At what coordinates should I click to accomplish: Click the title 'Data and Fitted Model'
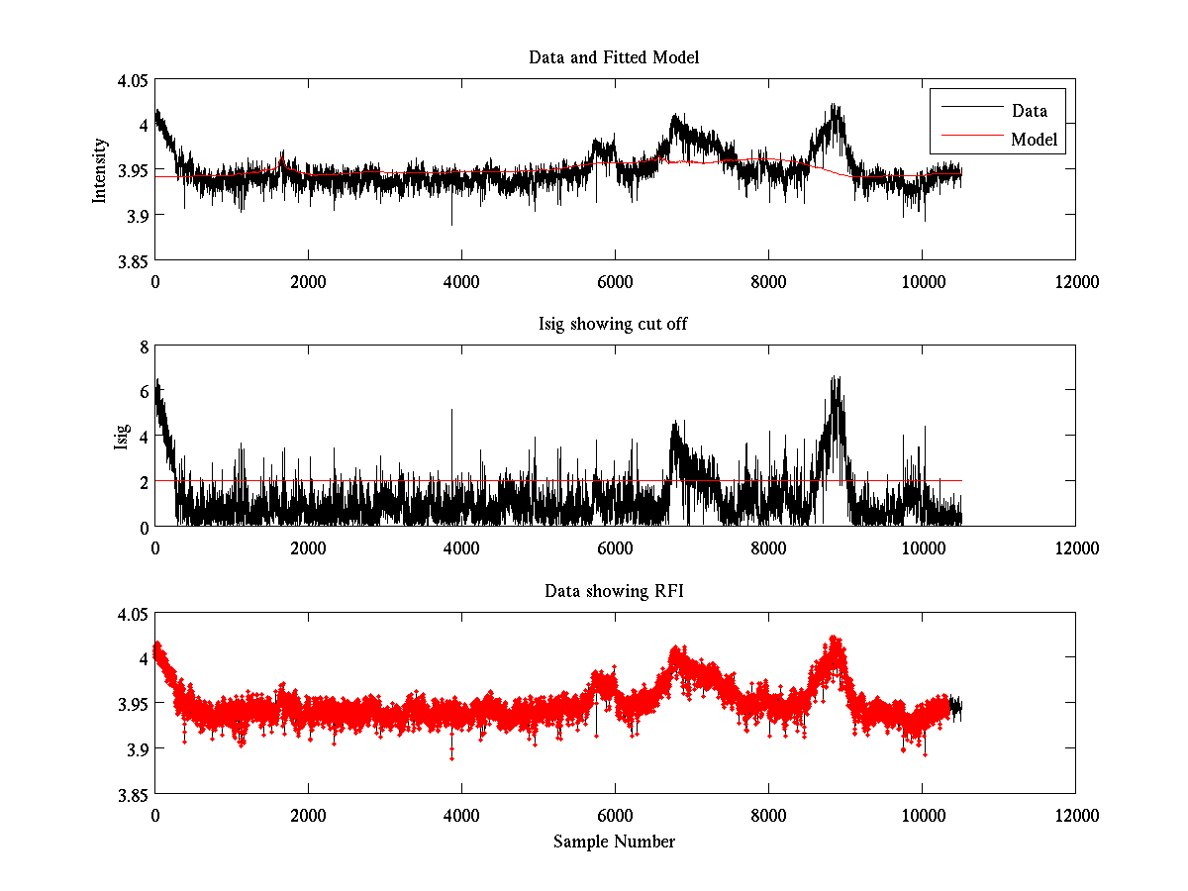(x=614, y=57)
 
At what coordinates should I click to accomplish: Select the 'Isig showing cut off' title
(x=614, y=324)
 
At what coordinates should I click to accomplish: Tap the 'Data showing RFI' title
(x=614, y=591)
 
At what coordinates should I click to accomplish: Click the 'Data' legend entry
(x=1029, y=111)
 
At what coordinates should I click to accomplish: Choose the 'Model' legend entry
(x=1034, y=140)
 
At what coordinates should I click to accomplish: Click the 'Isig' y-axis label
(x=121, y=437)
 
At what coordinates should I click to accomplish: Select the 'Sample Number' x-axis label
(x=614, y=841)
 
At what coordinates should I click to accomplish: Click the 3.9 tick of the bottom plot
(x=138, y=749)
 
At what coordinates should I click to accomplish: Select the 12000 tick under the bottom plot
(x=1075, y=815)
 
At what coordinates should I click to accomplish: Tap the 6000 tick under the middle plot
(x=615, y=547)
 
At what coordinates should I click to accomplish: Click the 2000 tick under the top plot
(x=308, y=281)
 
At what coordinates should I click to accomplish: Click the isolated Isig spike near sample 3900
(x=452, y=410)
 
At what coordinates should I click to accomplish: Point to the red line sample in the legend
(x=967, y=140)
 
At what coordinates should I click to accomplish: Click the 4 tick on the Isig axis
(x=144, y=437)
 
